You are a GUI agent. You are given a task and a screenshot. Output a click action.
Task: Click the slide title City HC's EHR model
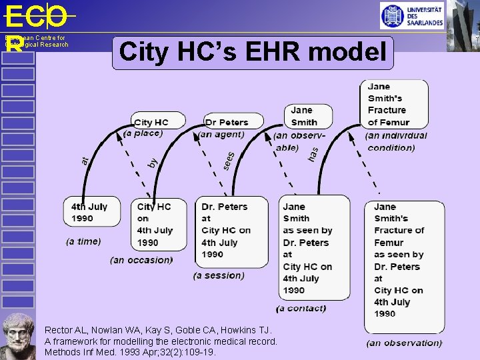tap(253, 53)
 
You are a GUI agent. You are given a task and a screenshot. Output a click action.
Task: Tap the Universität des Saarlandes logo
tap(412, 15)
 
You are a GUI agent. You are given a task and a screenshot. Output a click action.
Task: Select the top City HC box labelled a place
tap(152, 122)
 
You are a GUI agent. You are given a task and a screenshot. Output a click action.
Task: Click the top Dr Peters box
tap(227, 122)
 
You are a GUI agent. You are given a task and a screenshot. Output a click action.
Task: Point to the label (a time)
tap(83, 241)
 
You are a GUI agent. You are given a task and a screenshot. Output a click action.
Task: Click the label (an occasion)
tap(141, 260)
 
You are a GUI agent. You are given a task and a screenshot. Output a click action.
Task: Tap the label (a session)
tap(219, 275)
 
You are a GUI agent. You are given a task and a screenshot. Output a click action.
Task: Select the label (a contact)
tap(301, 308)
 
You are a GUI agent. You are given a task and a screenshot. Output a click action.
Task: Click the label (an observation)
tap(404, 343)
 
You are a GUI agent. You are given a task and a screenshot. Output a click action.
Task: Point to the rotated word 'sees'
tap(229, 160)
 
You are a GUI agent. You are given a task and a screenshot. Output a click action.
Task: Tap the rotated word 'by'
tap(153, 163)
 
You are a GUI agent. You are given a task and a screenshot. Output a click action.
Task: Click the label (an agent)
tap(222, 135)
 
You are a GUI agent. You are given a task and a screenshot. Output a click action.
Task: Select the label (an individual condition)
tap(396, 141)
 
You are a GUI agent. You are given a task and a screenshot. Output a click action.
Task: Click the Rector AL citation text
tap(160, 341)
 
